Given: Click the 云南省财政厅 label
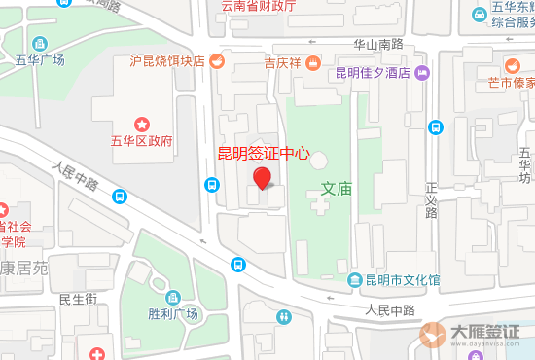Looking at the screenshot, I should pos(258,6).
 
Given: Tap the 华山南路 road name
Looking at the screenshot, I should pos(377,44).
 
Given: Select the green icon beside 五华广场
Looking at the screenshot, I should pos(39,43).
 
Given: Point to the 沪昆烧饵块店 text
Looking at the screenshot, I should pos(166,61).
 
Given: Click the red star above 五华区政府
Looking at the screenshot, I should pos(142,123).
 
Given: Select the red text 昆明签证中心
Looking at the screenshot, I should pos(263,153).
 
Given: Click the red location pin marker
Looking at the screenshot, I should pos(262,178).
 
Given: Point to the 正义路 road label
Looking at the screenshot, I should pos(431,198).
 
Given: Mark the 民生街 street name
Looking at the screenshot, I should pos(77,300).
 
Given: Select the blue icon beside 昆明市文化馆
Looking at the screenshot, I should pos(355,280).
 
